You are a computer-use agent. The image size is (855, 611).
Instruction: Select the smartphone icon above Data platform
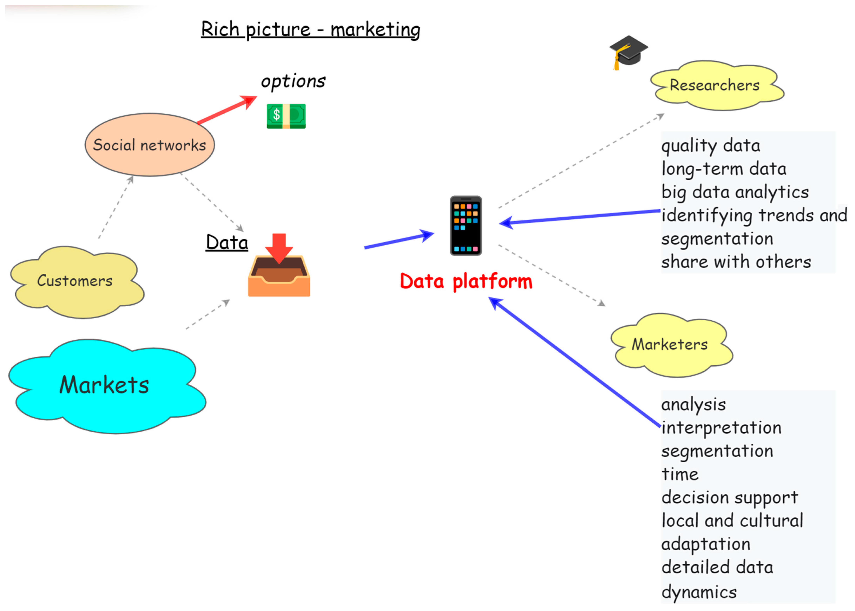click(466, 225)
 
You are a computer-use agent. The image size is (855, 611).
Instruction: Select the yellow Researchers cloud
click(717, 86)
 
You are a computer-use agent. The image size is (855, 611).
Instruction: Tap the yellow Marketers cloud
click(671, 345)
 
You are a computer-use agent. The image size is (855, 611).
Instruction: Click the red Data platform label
click(466, 281)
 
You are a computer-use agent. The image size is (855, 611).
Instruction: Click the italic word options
click(293, 81)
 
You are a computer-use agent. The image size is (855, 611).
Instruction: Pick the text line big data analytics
click(735, 192)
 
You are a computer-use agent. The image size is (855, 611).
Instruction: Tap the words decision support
click(730, 498)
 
